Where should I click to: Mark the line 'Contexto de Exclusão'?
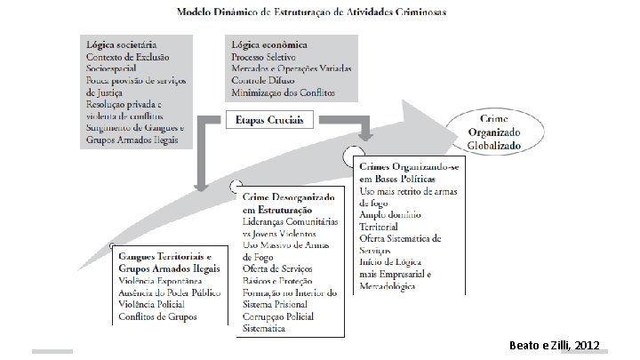click(x=127, y=56)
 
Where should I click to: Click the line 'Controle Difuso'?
click(x=263, y=80)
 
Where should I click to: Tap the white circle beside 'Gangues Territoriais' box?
click(x=111, y=246)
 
